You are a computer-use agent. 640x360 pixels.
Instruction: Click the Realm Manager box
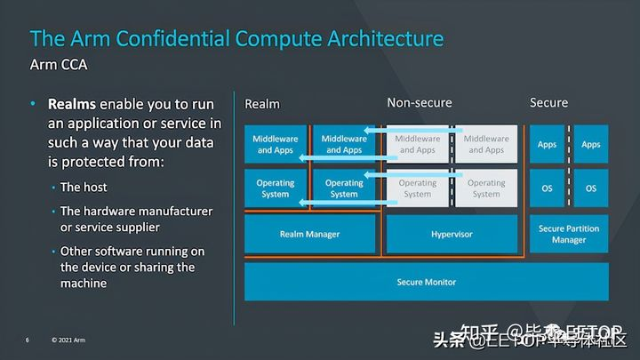tap(309, 234)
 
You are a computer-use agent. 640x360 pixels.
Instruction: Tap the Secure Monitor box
tap(426, 282)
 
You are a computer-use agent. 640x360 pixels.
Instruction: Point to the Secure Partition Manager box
tap(569, 234)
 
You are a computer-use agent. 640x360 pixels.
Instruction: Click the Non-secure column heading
tap(421, 103)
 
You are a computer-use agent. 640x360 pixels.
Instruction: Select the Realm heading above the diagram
tap(262, 104)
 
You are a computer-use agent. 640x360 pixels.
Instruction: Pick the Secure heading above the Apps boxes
tap(548, 103)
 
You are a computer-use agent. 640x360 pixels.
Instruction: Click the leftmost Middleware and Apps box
tap(276, 144)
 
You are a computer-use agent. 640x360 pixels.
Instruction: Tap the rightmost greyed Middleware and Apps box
tap(486, 144)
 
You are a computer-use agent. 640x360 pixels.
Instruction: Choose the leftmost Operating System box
tap(276, 188)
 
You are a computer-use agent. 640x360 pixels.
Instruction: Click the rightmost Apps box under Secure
tap(591, 144)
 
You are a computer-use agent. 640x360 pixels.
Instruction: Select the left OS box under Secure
tap(547, 188)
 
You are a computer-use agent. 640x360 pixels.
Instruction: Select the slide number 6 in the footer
tap(28, 340)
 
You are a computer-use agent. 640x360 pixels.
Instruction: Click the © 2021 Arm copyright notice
tap(68, 340)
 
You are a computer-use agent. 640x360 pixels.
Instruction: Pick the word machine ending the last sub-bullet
tap(84, 283)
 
